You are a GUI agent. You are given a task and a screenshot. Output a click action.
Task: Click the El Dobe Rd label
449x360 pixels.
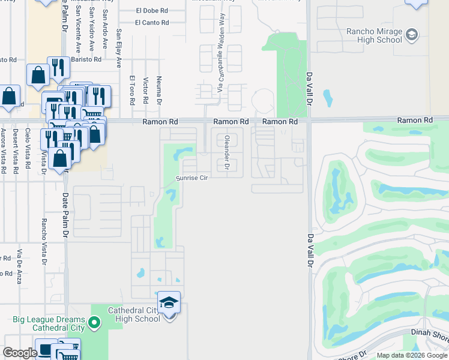[x=152, y=10]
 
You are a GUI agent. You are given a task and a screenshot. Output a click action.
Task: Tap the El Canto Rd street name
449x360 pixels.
[x=152, y=23]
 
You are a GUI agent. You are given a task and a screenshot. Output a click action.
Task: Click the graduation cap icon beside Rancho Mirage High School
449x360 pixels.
[x=412, y=35]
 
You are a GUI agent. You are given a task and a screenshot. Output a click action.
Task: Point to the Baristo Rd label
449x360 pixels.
[x=8, y=59]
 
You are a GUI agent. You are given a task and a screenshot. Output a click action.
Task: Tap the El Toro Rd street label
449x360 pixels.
[x=132, y=89]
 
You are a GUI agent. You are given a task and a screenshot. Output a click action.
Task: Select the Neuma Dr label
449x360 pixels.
[x=158, y=90]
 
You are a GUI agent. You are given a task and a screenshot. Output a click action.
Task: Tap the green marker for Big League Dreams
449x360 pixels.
[x=94, y=324]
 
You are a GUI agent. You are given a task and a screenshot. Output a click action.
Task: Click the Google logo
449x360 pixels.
[x=19, y=353]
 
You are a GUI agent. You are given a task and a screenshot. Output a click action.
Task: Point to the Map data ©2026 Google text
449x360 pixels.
[x=411, y=355]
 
